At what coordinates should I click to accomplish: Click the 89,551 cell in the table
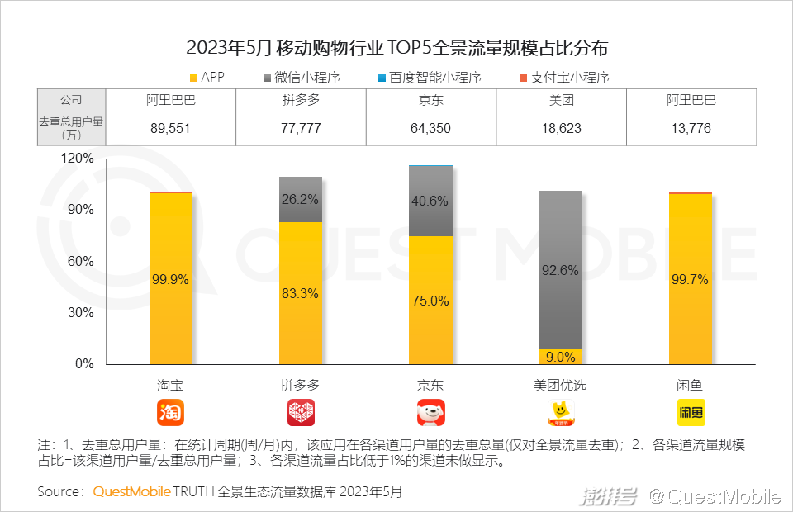[x=171, y=129]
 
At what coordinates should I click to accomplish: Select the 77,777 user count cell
[x=301, y=129]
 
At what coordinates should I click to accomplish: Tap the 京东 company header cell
[x=430, y=100]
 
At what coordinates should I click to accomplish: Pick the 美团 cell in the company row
[x=561, y=100]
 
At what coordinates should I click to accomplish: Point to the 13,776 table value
[x=691, y=129]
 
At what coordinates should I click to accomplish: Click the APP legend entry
[x=207, y=78]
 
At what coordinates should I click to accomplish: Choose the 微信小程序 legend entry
[x=302, y=78]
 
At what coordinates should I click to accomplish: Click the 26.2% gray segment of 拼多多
[x=301, y=200]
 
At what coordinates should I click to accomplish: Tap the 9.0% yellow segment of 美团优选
[x=561, y=357]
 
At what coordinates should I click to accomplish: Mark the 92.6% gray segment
[x=561, y=270]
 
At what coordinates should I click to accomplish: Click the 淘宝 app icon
[x=171, y=412]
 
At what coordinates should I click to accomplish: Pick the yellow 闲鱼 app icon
[x=691, y=412]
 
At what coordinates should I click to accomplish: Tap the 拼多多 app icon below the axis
[x=301, y=412]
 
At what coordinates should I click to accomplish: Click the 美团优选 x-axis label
[x=561, y=386]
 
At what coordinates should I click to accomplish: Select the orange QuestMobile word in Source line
[x=131, y=492]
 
